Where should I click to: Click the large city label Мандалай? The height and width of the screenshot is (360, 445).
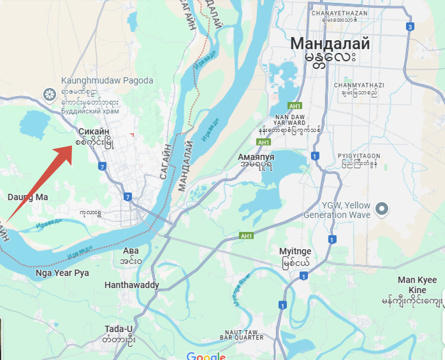pyautogui.click(x=330, y=44)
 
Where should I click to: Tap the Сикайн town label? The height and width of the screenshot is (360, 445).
pyautogui.click(x=94, y=132)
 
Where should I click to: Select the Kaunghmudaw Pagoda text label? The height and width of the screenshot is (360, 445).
pyautogui.click(x=107, y=81)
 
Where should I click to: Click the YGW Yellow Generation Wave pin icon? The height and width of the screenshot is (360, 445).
pyautogui.click(x=382, y=208)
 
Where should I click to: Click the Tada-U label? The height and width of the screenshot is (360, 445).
pyautogui.click(x=119, y=329)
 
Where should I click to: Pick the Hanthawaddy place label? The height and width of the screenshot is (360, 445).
pyautogui.click(x=132, y=285)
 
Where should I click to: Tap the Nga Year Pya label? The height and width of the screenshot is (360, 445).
pyautogui.click(x=62, y=273)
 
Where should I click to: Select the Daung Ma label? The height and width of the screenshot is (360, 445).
pyautogui.click(x=27, y=197)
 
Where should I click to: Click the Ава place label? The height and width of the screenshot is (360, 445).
pyautogui.click(x=130, y=250)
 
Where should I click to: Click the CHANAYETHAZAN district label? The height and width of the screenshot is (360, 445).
pyautogui.click(x=340, y=12)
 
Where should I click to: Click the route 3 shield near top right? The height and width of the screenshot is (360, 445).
pyautogui.click(x=410, y=26)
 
